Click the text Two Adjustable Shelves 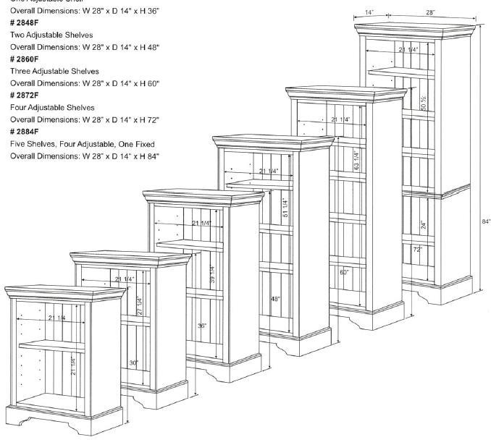coord(51,35)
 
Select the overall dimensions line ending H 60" coord(84,83)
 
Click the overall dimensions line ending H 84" coord(84,156)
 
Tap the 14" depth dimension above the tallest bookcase coord(369,13)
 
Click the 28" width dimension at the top coord(430,13)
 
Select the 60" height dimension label coord(344,273)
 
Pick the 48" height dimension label coord(275,299)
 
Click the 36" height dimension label coord(202,326)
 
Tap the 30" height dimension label coord(133,363)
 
